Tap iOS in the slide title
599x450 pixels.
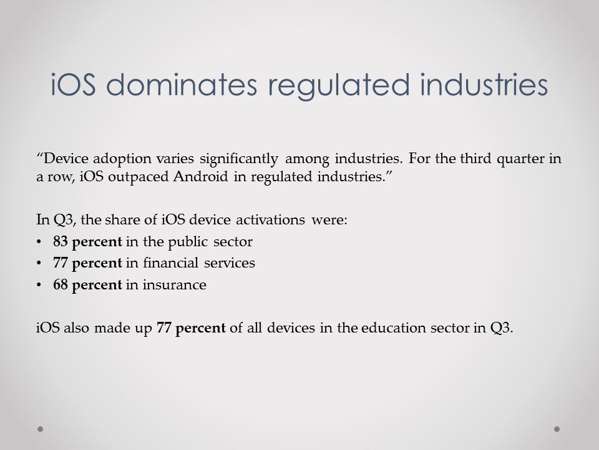point(73,84)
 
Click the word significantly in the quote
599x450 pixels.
point(239,159)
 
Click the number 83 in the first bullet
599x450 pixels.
point(61,241)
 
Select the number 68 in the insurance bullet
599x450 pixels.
point(61,285)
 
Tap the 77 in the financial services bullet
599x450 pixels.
point(61,263)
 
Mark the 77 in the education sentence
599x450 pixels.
point(164,328)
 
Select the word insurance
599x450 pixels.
point(175,285)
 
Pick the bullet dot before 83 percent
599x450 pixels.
point(39,242)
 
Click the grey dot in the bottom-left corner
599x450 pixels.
point(40,429)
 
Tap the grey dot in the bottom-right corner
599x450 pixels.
point(557,429)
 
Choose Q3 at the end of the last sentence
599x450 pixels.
point(502,328)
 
